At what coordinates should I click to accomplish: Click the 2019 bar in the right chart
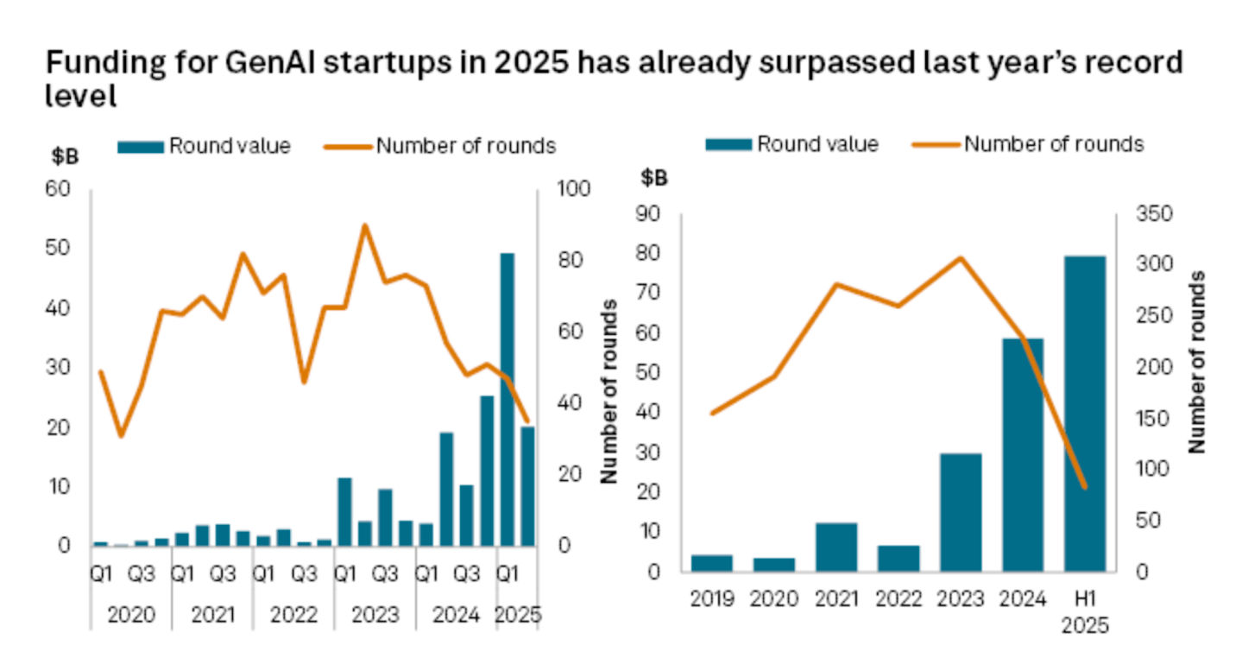point(712,563)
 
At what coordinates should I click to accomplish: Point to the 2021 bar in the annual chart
point(836,547)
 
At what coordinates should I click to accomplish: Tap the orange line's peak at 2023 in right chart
point(961,258)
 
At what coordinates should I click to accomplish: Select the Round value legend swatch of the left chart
point(141,147)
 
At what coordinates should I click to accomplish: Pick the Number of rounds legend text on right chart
point(1054,143)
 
